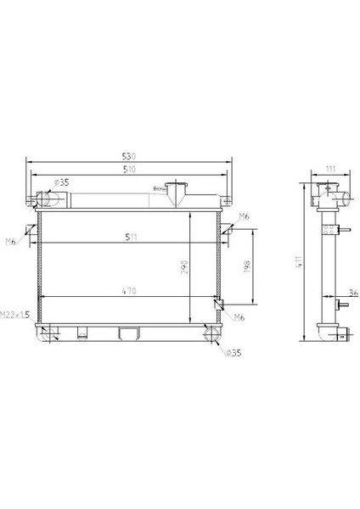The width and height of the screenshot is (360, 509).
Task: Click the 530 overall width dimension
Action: pos(129,156)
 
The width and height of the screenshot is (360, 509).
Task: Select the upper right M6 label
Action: pos(244,217)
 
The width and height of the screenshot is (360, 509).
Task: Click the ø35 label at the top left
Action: pos(61,182)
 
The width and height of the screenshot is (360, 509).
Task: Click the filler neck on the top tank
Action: pos(177,193)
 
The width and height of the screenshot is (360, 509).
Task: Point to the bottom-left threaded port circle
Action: pos(48,333)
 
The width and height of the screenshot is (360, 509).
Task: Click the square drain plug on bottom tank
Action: pos(129,333)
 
